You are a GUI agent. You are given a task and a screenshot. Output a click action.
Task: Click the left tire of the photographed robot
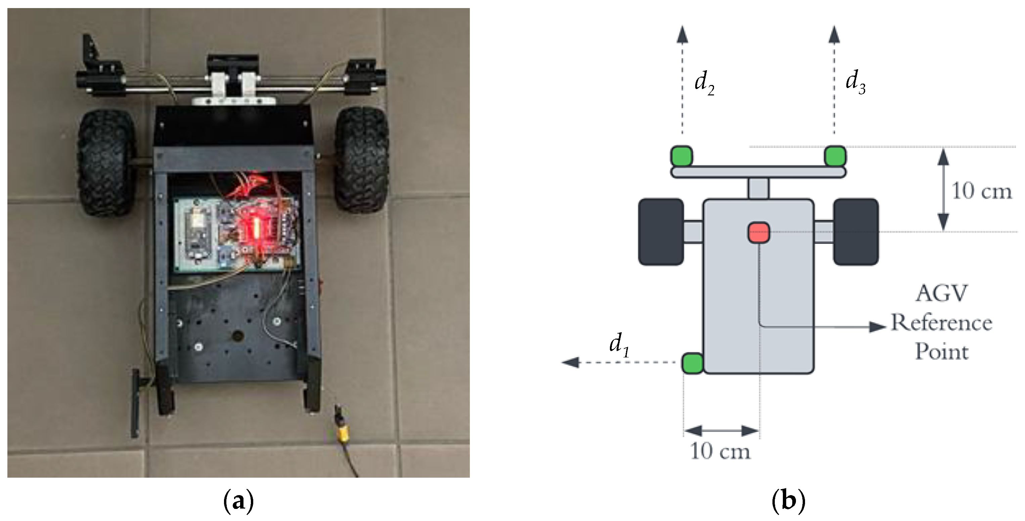coord(106,163)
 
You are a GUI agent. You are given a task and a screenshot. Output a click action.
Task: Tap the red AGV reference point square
coord(758,232)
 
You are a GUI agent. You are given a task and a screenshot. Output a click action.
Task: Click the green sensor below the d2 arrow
coord(682,156)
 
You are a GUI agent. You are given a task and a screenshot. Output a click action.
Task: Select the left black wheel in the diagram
coord(661,232)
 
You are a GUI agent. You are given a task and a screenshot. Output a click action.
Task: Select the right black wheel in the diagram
coord(855,232)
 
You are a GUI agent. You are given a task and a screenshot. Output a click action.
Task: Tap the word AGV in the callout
coord(941,294)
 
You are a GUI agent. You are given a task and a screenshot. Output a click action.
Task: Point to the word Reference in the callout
coord(941,323)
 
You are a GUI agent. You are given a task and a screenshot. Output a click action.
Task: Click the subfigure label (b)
coord(788,501)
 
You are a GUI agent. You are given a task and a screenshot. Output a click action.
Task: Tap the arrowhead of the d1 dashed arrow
coord(570,362)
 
